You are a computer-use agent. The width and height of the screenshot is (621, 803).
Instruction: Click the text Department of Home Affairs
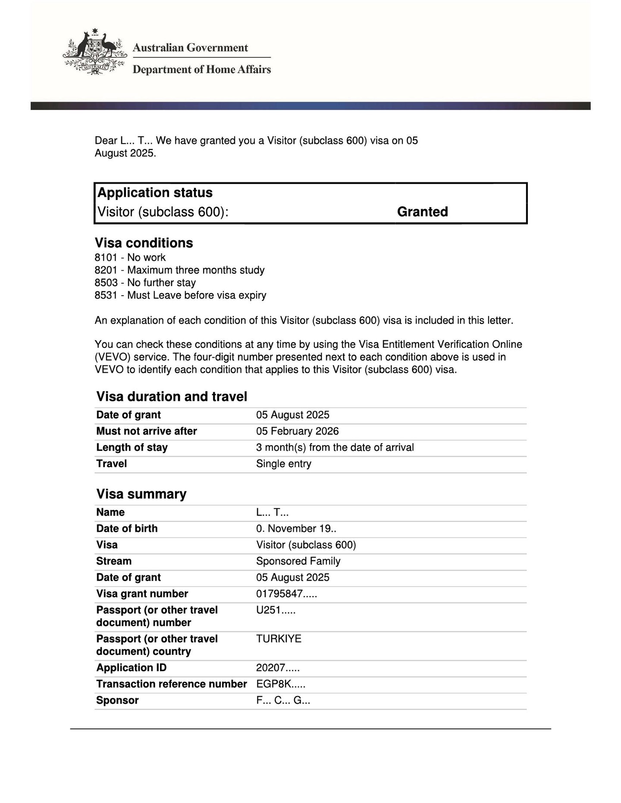pyautogui.click(x=201, y=69)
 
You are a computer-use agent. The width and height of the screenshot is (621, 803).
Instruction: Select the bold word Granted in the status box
pyautogui.click(x=422, y=212)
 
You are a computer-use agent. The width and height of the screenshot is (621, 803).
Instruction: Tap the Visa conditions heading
pyautogui.click(x=144, y=243)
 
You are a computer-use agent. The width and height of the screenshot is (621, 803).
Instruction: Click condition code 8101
pyautogui.click(x=106, y=258)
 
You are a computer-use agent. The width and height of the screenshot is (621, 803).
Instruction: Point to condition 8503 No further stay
pyautogui.click(x=145, y=283)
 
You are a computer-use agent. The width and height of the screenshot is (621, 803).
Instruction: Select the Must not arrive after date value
pyautogui.click(x=297, y=431)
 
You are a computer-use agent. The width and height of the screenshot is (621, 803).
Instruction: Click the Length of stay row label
pyautogui.click(x=132, y=448)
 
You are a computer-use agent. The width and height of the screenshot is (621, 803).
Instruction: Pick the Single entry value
pyautogui.click(x=283, y=464)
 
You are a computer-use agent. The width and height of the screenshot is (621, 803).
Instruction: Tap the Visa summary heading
pyautogui.click(x=141, y=494)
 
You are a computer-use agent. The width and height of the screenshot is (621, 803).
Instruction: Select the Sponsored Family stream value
pyautogui.click(x=298, y=561)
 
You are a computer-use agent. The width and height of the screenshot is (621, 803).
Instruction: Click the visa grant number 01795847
pyautogui.click(x=286, y=594)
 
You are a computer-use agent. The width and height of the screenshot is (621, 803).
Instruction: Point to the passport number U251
pyautogui.click(x=276, y=610)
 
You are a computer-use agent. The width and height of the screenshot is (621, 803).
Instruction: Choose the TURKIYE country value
pyautogui.click(x=279, y=639)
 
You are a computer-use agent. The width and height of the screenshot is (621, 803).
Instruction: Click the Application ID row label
pyautogui.click(x=131, y=668)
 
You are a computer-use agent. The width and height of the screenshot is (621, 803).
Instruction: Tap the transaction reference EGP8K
pyautogui.click(x=280, y=684)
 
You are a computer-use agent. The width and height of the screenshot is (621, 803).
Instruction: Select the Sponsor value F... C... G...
pyautogui.click(x=283, y=700)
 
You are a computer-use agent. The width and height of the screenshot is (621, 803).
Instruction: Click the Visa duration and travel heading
pyautogui.click(x=172, y=397)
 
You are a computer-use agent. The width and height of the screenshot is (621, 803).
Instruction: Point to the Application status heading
pyautogui.click(x=155, y=193)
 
